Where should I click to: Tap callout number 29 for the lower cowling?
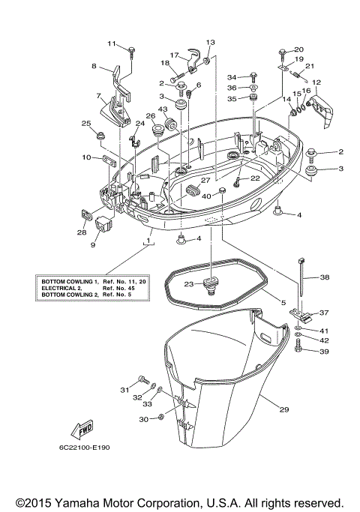pyautogui.click(x=283, y=409)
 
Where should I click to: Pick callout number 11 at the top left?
pyautogui.click(x=112, y=43)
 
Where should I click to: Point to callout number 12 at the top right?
pyautogui.click(x=316, y=82)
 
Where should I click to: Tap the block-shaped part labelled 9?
pyautogui.click(x=103, y=224)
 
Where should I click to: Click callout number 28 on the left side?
pyautogui.click(x=81, y=232)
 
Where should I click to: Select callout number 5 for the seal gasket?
pyautogui.click(x=283, y=303)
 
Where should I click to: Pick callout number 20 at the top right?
pyautogui.click(x=298, y=49)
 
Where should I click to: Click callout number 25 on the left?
pyautogui.click(x=86, y=124)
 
